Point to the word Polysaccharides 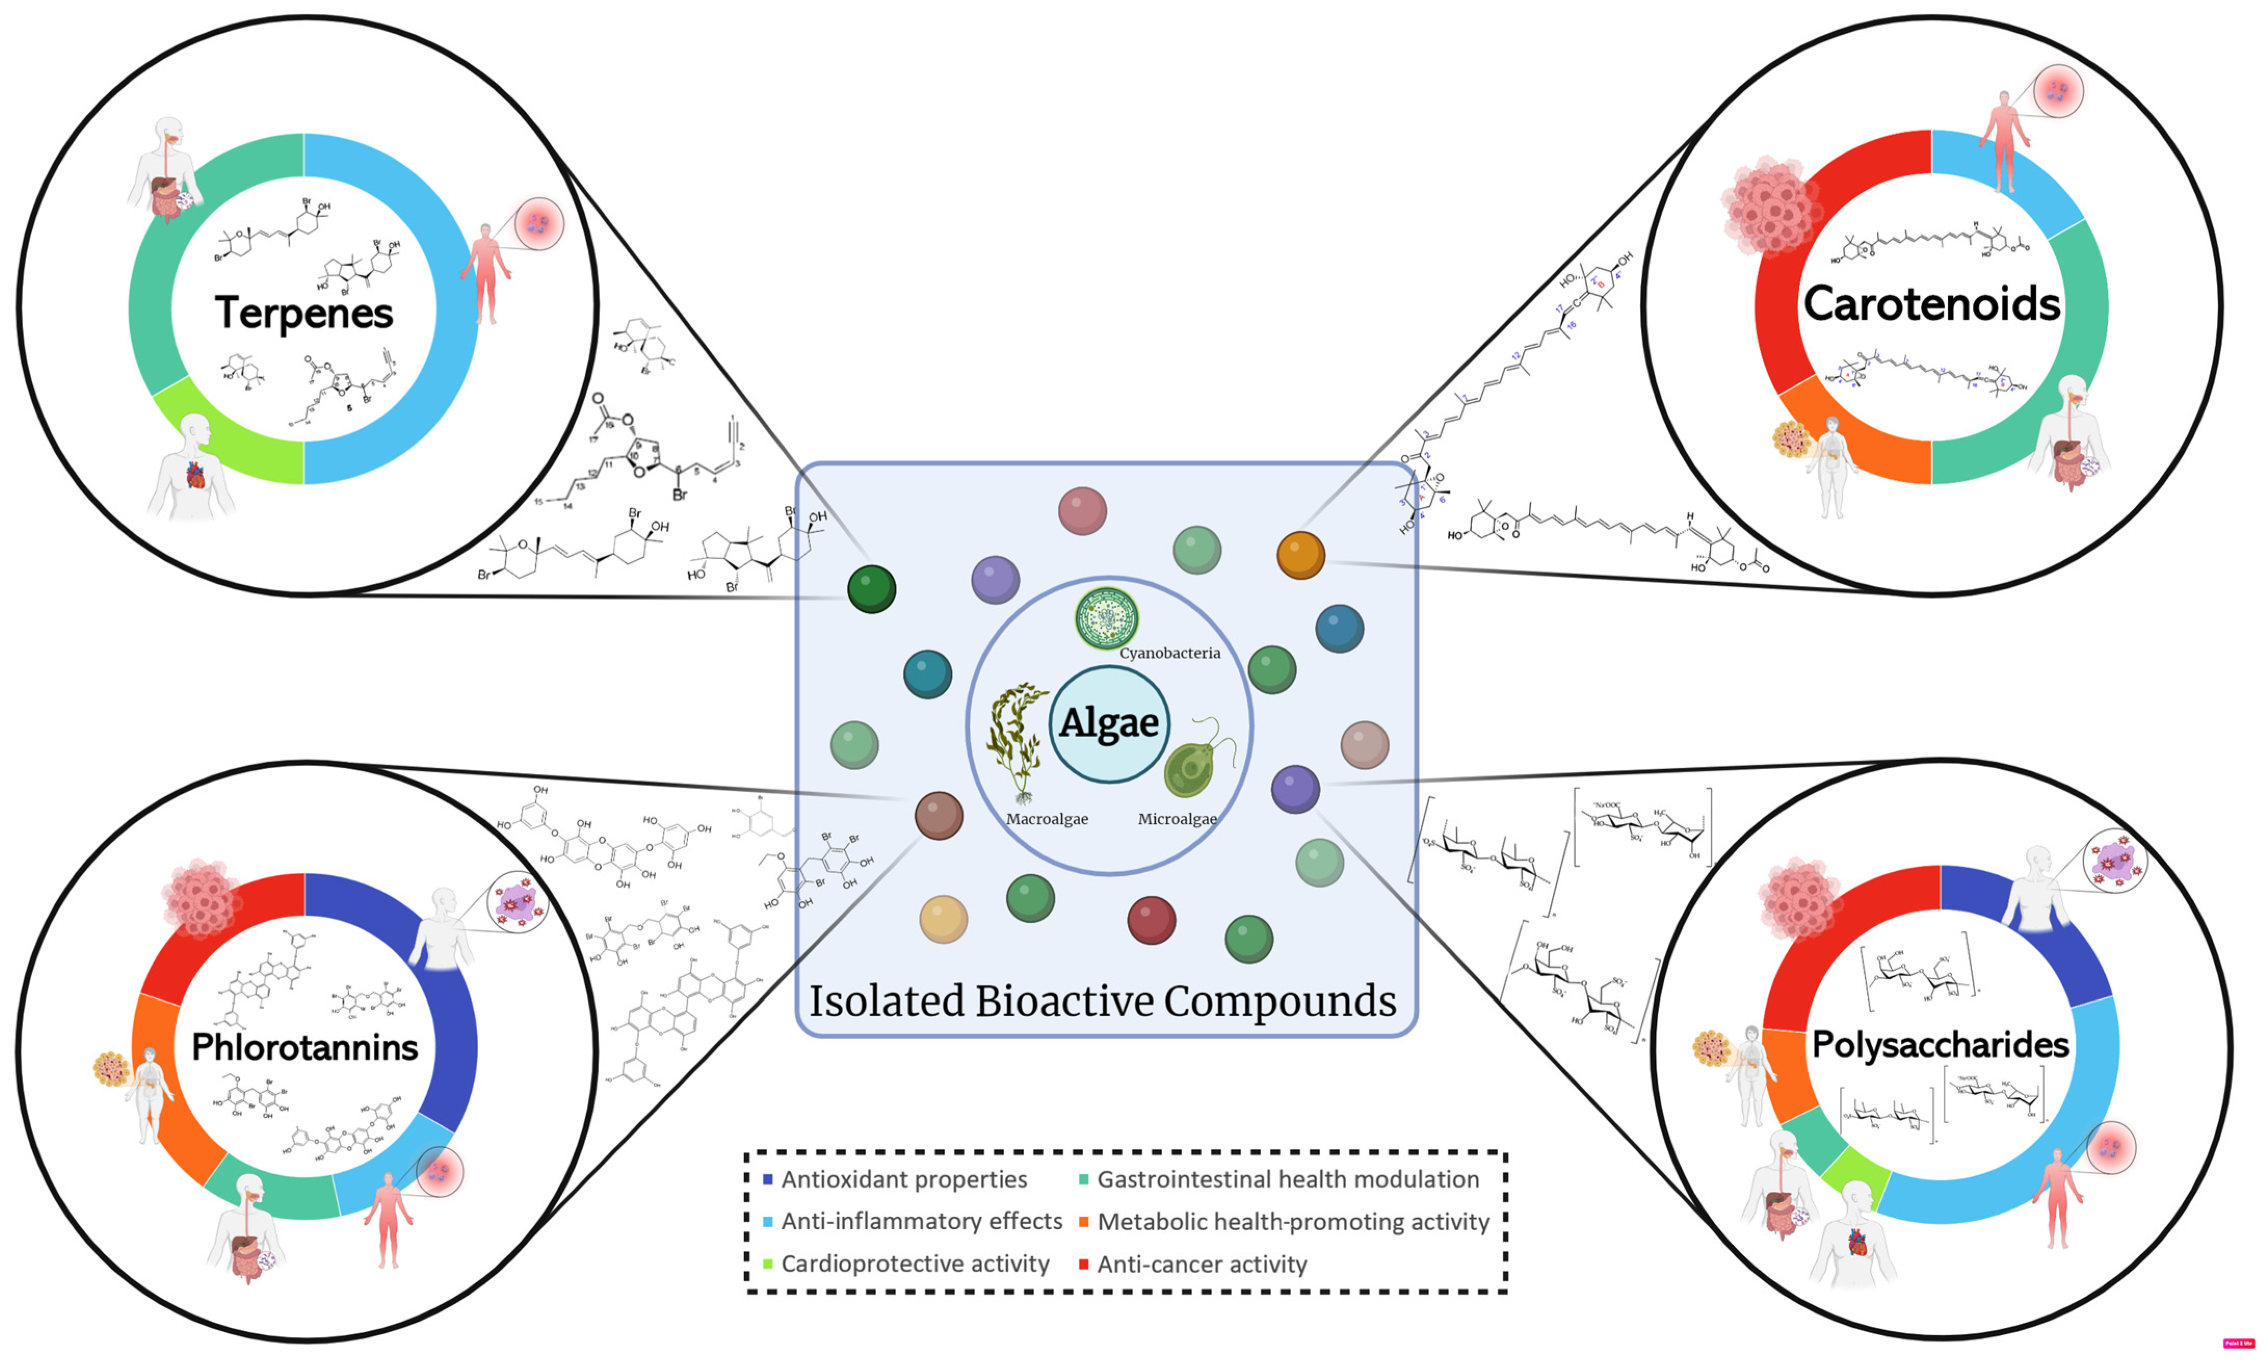tap(1940, 1045)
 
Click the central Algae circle tap(1109, 724)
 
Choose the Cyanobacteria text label tap(1169, 654)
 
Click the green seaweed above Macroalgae tap(1017, 741)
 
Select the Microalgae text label tap(1177, 819)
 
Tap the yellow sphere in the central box tap(943, 919)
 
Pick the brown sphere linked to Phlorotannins tap(939, 815)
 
